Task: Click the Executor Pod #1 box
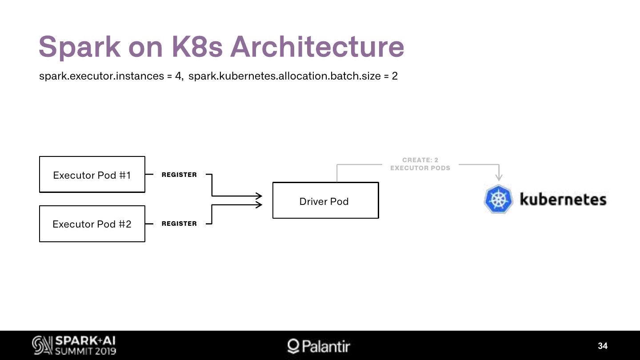(x=92, y=174)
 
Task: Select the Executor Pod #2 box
(x=92, y=224)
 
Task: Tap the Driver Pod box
(x=325, y=200)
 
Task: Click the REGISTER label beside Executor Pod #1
(x=179, y=175)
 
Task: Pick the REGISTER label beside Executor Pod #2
(x=179, y=224)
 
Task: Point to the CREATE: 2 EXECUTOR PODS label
(x=420, y=164)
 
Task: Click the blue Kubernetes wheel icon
(x=498, y=199)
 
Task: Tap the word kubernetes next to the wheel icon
(x=563, y=199)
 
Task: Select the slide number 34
(x=603, y=346)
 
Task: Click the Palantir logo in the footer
(x=319, y=346)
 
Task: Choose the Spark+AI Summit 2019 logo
(x=74, y=345)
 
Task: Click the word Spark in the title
(x=80, y=46)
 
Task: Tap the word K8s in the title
(x=197, y=46)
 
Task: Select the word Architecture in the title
(x=317, y=46)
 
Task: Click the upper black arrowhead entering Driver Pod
(x=259, y=196)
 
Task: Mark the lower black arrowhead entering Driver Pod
(x=259, y=204)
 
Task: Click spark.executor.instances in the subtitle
(x=102, y=76)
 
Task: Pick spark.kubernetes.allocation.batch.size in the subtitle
(x=284, y=76)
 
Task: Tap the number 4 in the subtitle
(x=178, y=76)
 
